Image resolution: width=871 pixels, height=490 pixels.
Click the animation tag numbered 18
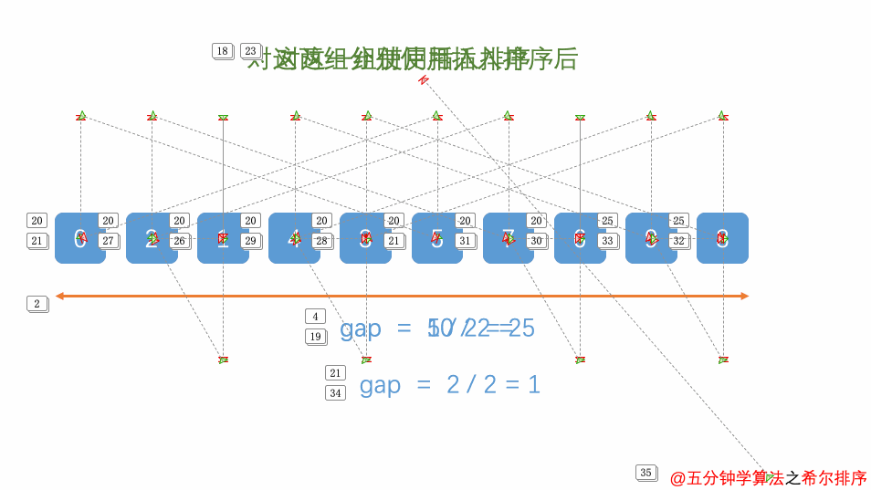tap(222, 51)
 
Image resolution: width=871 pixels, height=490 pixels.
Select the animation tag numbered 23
tap(250, 51)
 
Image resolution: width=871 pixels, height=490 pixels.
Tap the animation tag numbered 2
tap(37, 304)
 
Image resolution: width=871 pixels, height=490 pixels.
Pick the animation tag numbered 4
tap(315, 317)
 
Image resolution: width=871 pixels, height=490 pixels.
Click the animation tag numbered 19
tap(315, 337)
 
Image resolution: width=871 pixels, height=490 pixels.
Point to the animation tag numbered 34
tap(335, 393)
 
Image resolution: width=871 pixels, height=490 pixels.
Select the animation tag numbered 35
tap(645, 473)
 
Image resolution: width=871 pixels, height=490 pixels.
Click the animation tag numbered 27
tap(108, 241)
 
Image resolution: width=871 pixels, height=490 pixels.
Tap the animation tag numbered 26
tap(179, 241)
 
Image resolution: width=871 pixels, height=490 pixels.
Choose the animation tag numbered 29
tap(250, 241)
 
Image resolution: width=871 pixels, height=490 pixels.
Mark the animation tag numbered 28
tap(321, 241)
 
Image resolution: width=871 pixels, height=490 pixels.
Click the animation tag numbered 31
tap(465, 241)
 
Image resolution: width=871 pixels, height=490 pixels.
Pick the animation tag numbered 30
tap(536, 241)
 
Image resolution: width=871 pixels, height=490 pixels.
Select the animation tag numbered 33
tap(607, 241)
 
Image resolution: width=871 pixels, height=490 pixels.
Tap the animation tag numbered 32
tap(678, 241)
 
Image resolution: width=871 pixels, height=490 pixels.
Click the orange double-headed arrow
tap(402, 296)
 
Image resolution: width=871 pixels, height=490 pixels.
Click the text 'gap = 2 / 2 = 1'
tap(449, 385)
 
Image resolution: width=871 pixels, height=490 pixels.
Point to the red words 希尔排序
tap(834, 478)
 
